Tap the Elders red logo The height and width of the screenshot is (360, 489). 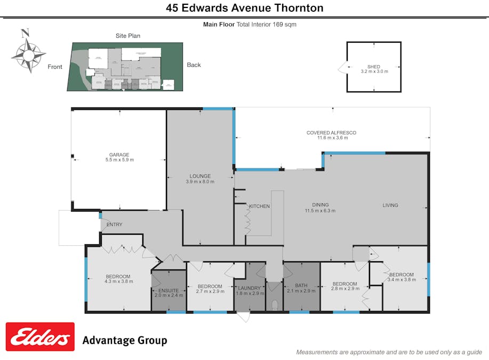click(40, 337)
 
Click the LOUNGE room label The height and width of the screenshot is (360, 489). click(201, 176)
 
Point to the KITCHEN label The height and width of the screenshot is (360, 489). click(259, 206)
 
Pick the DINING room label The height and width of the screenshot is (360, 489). click(320, 205)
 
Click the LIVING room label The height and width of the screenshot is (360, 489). click(390, 205)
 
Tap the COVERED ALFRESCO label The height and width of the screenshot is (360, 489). click(331, 132)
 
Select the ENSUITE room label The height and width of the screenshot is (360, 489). click(169, 290)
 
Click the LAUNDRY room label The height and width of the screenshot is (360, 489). click(249, 288)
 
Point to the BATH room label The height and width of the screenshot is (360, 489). click(301, 285)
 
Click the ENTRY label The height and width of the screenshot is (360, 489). click(114, 225)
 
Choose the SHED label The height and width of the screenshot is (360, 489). click(374, 67)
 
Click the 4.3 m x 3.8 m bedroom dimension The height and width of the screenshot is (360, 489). click(119, 281)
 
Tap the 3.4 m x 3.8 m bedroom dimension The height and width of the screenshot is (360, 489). click(402, 279)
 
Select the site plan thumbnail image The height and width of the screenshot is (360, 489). click(125, 67)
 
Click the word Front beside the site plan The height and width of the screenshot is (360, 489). click(55, 67)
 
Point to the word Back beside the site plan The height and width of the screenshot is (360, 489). click(194, 65)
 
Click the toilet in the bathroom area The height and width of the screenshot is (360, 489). click(274, 305)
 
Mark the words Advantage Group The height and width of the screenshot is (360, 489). click(125, 340)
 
